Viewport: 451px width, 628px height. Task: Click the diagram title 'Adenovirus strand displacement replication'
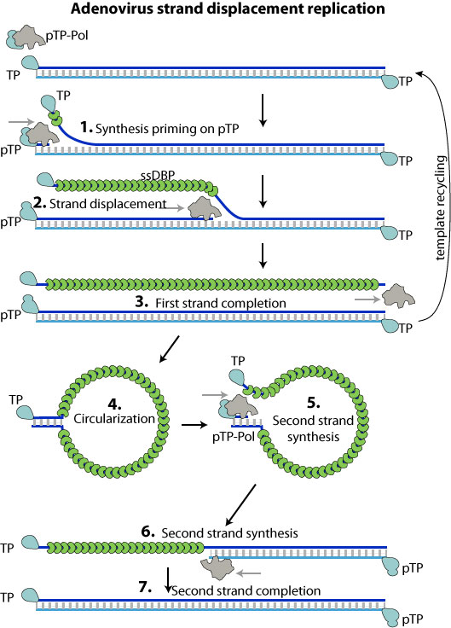tap(226, 10)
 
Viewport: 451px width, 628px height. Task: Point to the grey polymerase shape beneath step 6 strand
tap(217, 566)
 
